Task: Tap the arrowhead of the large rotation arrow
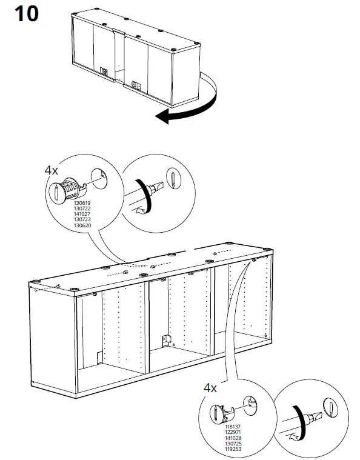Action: [x=162, y=116]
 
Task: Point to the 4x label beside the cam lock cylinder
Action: [x=52, y=171]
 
